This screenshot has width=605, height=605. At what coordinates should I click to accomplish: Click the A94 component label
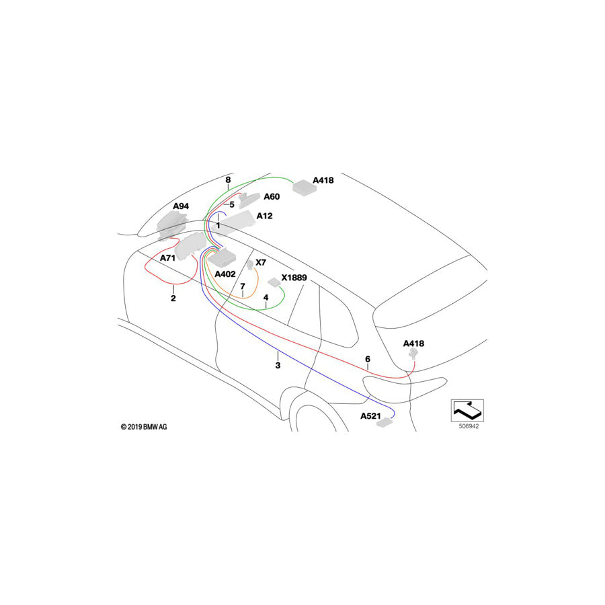[181, 206]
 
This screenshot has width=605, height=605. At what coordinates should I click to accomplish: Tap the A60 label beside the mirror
[272, 197]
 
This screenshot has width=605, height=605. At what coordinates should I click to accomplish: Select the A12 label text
[265, 216]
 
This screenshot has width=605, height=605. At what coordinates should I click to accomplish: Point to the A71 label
[168, 258]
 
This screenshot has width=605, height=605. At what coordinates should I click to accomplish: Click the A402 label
[225, 274]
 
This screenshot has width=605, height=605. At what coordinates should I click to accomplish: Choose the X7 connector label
[261, 262]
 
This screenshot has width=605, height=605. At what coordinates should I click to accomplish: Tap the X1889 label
[294, 278]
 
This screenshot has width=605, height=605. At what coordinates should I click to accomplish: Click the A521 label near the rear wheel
[370, 416]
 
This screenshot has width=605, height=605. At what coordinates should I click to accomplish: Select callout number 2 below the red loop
[173, 298]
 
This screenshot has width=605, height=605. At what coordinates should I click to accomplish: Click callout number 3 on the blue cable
[278, 366]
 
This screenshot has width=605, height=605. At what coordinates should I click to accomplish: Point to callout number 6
[368, 359]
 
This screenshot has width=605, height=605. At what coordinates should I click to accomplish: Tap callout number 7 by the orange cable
[243, 286]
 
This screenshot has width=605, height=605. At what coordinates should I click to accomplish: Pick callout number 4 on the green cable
[266, 298]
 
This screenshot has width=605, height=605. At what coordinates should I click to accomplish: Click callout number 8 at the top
[228, 179]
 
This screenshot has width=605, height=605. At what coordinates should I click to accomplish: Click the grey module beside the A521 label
[385, 424]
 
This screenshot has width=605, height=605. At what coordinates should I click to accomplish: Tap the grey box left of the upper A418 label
[305, 187]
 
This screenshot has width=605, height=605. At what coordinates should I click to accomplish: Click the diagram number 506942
[469, 426]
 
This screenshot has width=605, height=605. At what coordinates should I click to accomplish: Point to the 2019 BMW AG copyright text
[144, 427]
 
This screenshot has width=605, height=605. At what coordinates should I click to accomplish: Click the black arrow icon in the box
[467, 411]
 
